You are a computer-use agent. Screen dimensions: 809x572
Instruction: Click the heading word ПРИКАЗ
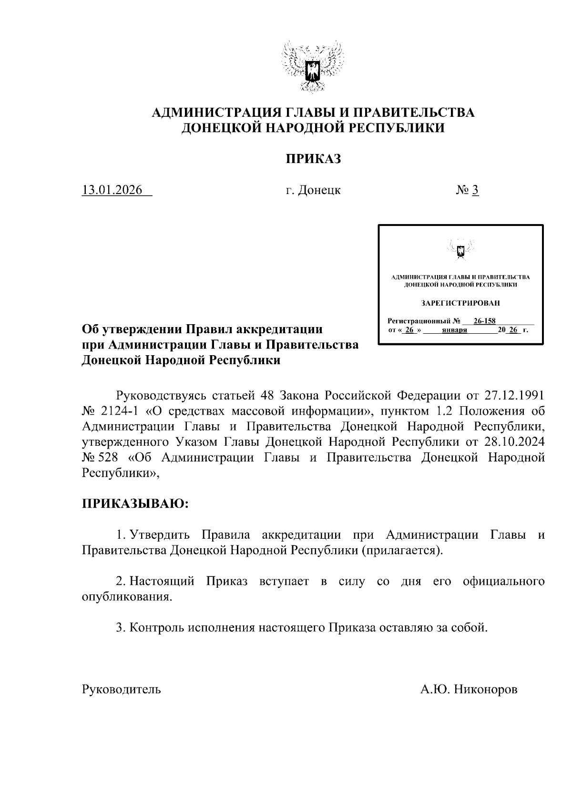(313, 159)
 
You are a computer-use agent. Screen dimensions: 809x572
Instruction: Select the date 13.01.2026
(112, 190)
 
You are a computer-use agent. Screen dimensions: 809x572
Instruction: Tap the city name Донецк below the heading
(319, 190)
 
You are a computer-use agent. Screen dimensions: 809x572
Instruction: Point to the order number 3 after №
(475, 190)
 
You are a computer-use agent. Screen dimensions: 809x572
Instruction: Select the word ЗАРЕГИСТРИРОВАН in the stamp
(460, 303)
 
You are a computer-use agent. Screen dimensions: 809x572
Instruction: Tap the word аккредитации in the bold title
(280, 329)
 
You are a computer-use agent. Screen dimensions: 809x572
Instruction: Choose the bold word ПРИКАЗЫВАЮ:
(135, 504)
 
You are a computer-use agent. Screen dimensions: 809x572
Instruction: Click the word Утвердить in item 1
(160, 534)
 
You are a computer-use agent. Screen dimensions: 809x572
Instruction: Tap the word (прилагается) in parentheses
(402, 550)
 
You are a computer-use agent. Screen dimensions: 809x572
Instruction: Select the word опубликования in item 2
(126, 597)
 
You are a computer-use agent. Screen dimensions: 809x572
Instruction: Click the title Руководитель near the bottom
(122, 689)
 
